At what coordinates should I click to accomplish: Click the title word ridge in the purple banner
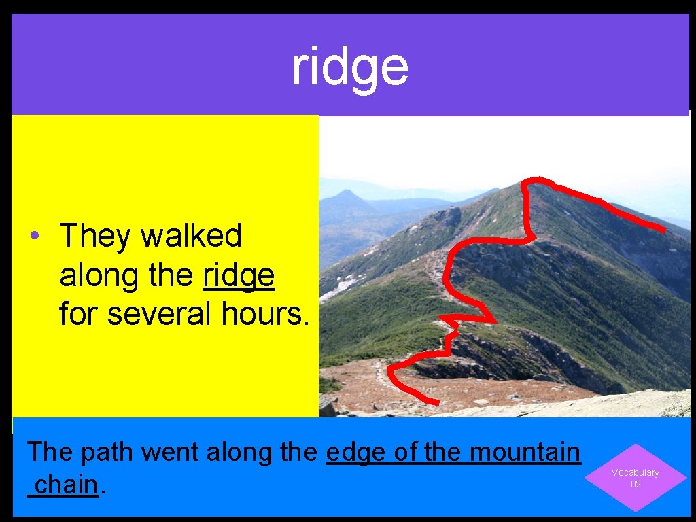pyautogui.click(x=350, y=67)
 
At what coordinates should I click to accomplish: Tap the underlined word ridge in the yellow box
pyautogui.click(x=239, y=276)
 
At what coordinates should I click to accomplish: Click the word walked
pyautogui.click(x=191, y=237)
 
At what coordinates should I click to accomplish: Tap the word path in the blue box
pyautogui.click(x=111, y=452)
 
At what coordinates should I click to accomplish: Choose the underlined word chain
pyautogui.click(x=67, y=485)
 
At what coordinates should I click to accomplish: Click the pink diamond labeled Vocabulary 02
pyautogui.click(x=636, y=478)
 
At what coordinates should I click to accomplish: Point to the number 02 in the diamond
pyautogui.click(x=636, y=484)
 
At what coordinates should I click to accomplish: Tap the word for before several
pyautogui.click(x=78, y=314)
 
